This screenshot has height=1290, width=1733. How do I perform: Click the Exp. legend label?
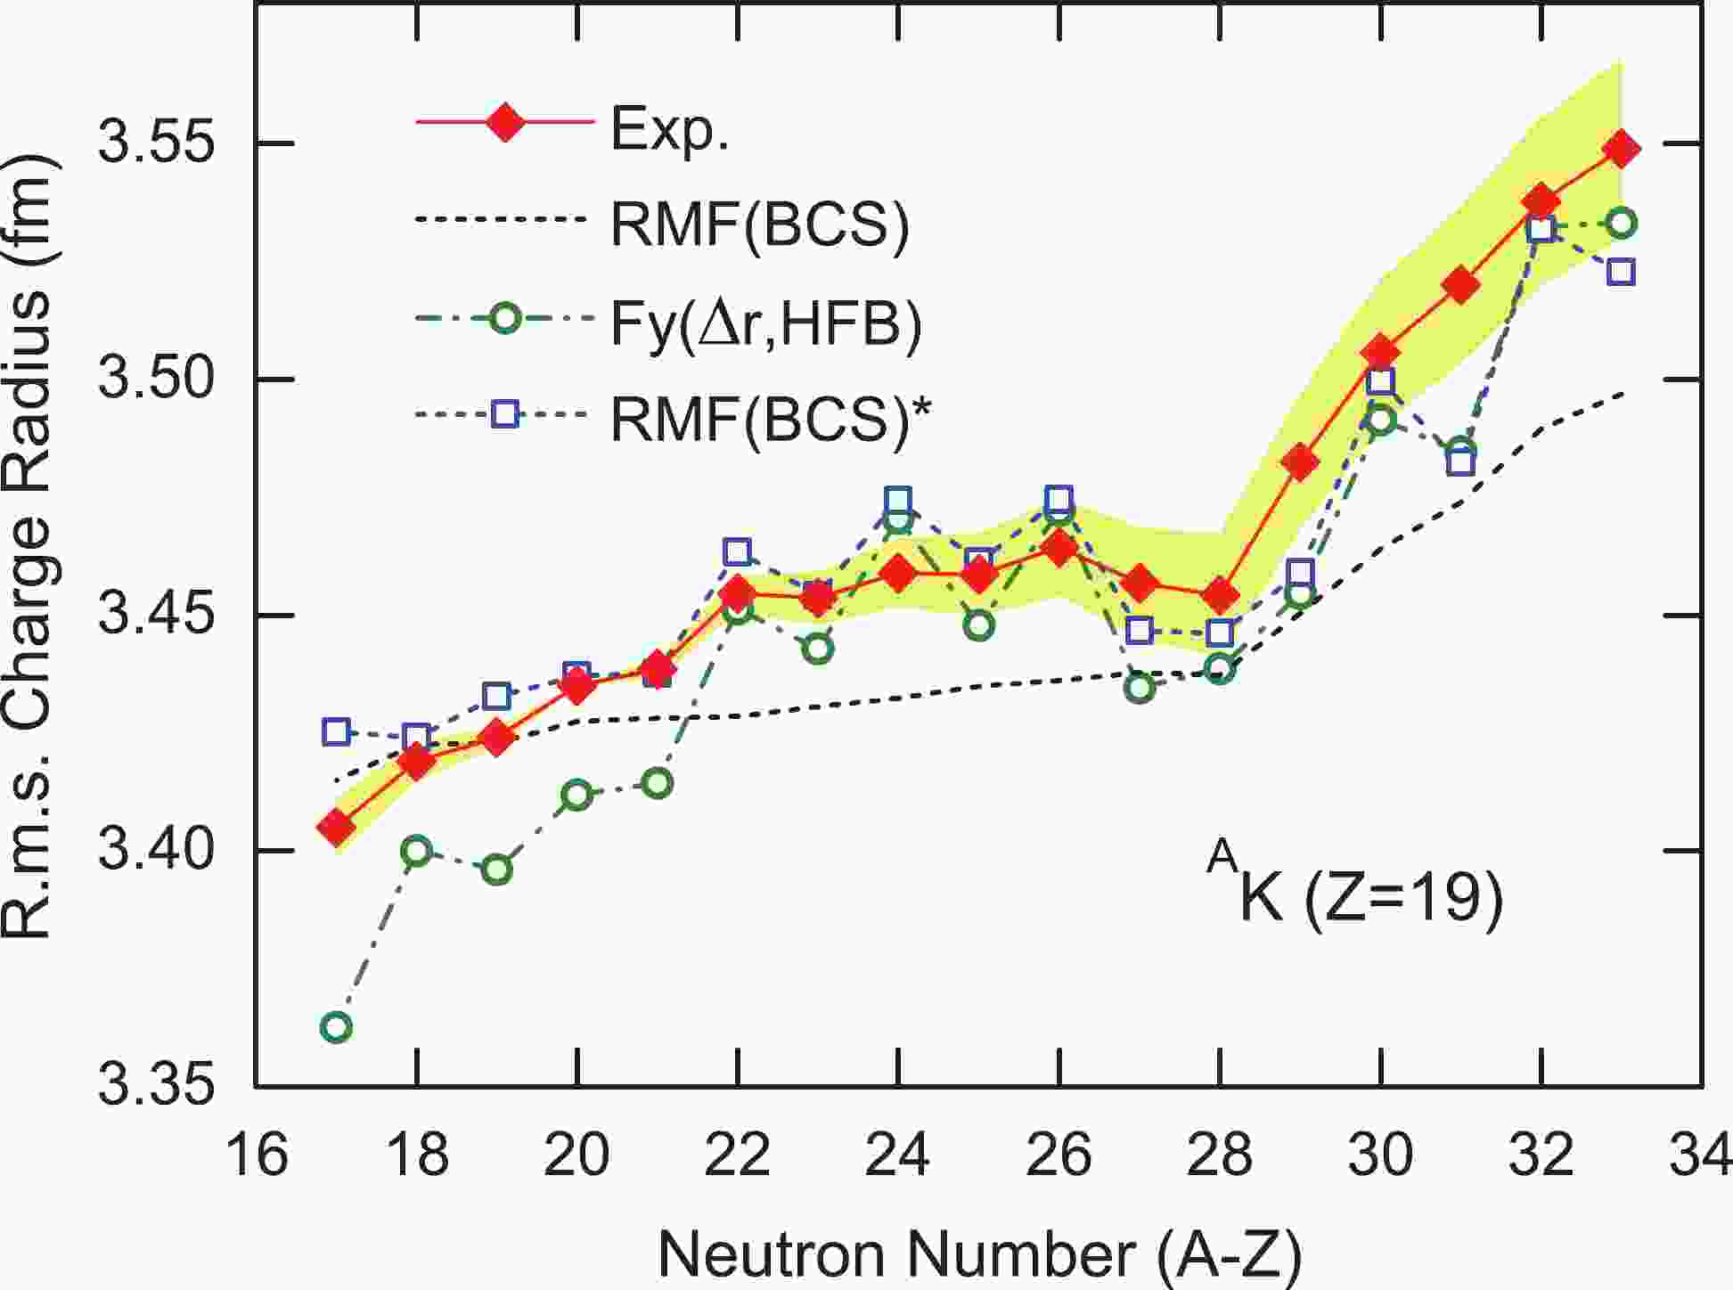coord(669,131)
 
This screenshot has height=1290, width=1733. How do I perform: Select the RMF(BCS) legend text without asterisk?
coord(760,225)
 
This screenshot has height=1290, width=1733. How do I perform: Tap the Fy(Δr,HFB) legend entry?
coord(765,324)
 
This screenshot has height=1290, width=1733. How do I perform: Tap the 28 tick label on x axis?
coord(1220,1155)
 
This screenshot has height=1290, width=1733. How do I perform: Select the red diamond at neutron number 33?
coord(1622,149)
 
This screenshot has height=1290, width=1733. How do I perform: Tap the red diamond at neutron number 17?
coord(337,828)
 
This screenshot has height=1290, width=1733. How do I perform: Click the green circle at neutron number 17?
coord(336,1027)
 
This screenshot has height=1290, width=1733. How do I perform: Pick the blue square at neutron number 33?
coord(1622,272)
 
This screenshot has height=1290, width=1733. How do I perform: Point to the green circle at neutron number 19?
coord(497,870)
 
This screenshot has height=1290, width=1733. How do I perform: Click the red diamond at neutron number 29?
coord(1300,461)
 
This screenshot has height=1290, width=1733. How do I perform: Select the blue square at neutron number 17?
coord(336,731)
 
